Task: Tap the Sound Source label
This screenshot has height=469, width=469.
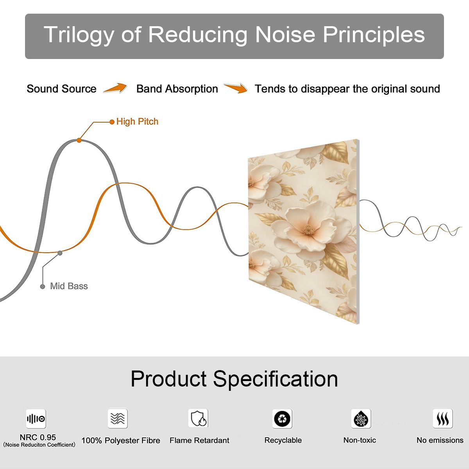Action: pos(62,89)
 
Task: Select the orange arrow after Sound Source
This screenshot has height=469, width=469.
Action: pos(115,88)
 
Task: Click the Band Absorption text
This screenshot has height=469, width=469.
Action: pos(177,89)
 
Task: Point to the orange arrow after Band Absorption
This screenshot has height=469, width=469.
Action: pos(236,88)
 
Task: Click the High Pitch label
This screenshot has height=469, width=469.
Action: pos(137,122)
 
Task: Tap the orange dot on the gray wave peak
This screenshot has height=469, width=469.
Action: pos(79,140)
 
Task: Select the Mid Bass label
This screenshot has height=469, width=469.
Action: pos(69,286)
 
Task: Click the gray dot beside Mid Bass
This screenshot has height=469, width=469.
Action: pos(43,286)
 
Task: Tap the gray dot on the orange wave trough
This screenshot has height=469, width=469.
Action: pos(60,253)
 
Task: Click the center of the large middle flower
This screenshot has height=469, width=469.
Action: pos(308,229)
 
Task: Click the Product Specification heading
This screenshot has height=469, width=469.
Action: pos(234,379)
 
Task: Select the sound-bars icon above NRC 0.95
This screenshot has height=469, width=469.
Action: pos(36,419)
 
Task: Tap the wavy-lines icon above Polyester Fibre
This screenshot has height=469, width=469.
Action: pos(118,418)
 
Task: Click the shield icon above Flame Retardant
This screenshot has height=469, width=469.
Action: pos(198,418)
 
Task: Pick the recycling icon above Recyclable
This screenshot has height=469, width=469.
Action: pos(282,419)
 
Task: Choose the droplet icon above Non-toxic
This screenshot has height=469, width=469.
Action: pos(361,419)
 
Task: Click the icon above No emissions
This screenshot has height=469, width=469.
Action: pos(443,418)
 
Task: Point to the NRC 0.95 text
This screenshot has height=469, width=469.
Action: pos(38,437)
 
